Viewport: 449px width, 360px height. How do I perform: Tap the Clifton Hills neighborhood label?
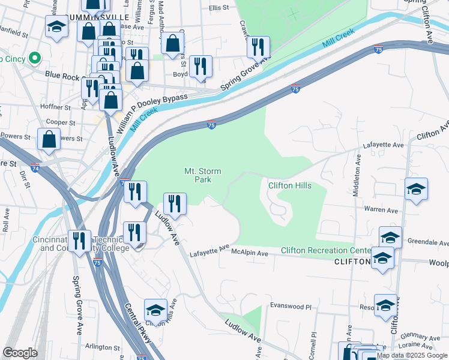tap(289, 185)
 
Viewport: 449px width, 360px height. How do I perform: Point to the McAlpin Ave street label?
tap(250, 253)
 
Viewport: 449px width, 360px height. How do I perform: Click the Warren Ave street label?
tap(382, 211)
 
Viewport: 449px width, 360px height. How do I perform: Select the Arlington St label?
tap(103, 347)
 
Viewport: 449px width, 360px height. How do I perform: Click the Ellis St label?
tap(219, 8)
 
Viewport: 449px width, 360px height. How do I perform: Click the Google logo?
tap(20, 353)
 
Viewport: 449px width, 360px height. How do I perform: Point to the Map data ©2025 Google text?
tap(412, 355)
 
